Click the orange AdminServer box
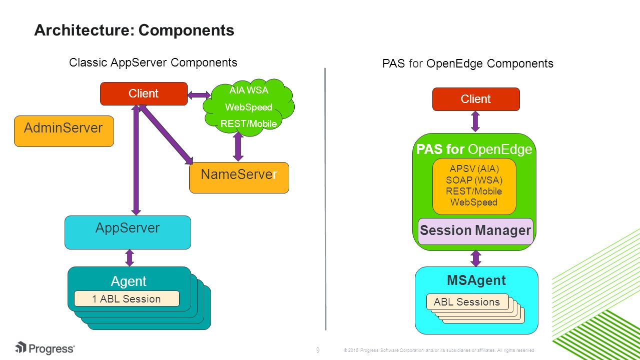[64, 131]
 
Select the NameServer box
[239, 177]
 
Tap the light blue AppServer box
[128, 232]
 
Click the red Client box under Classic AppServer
[144, 93]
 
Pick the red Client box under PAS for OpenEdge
[476, 99]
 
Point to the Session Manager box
[475, 231]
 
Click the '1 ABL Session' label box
[127, 298]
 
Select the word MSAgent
[476, 280]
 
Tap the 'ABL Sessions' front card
[467, 302]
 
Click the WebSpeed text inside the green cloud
[249, 107]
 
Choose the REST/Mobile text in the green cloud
[249, 123]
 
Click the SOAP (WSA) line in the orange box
[474, 180]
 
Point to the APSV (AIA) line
[474, 168]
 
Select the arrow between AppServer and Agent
[130, 258]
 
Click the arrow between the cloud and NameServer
[238, 146]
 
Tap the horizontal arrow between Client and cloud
[199, 95]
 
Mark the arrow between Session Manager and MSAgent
[476, 258]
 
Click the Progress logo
[45, 348]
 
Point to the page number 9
[318, 350]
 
